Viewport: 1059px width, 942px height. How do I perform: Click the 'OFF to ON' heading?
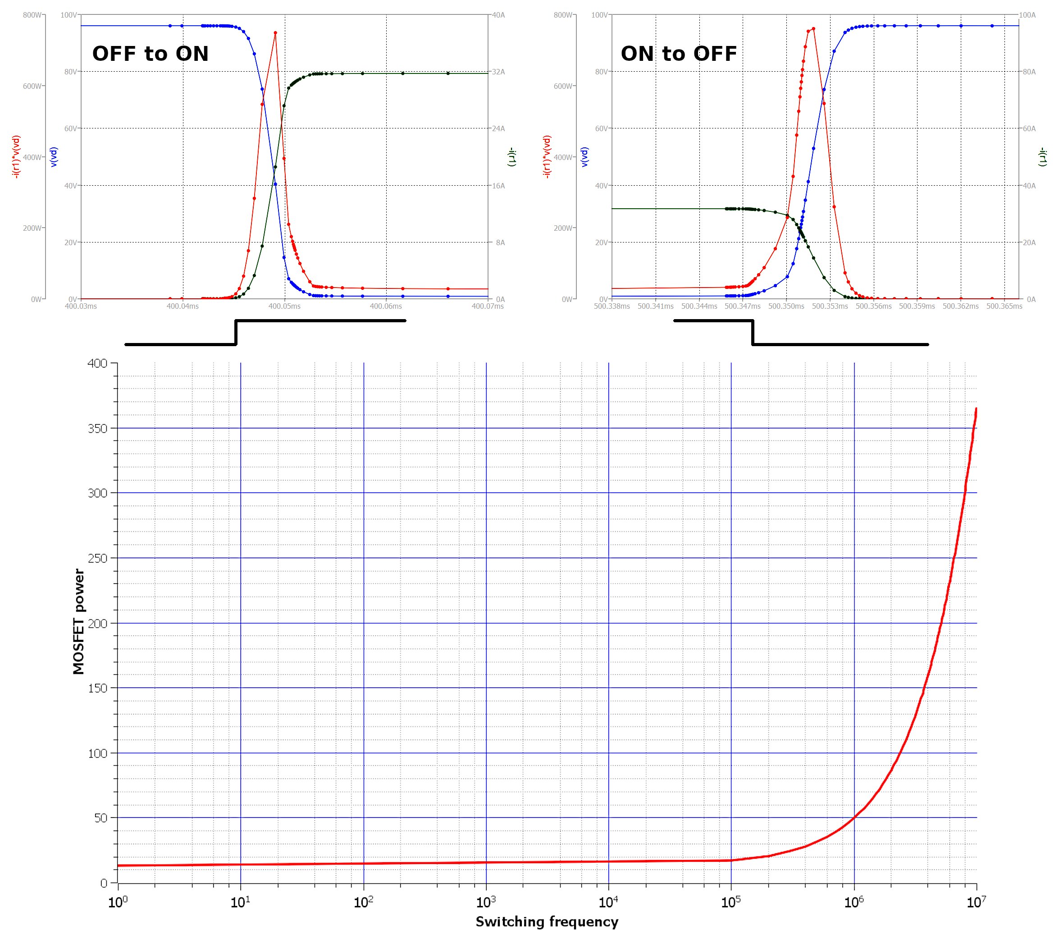pyautogui.click(x=150, y=54)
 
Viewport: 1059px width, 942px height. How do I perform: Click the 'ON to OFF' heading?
pyautogui.click(x=678, y=54)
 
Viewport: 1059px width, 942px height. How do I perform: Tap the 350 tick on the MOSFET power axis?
pyautogui.click(x=97, y=429)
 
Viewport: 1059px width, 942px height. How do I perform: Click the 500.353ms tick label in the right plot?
pyautogui.click(x=830, y=306)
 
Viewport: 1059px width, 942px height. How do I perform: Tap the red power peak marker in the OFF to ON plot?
pyautogui.click(x=275, y=33)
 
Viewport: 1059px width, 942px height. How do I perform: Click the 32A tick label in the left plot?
pyautogui.click(x=498, y=72)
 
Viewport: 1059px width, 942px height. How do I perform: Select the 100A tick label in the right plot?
pyautogui.click(x=1027, y=15)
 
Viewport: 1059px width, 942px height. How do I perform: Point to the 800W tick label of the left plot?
pyautogui.click(x=32, y=15)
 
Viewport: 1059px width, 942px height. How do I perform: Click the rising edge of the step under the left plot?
pyautogui.click(x=236, y=332)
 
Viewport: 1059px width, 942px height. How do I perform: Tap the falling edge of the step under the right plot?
pyautogui.click(x=752, y=332)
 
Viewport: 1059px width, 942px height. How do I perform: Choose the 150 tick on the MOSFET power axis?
pyautogui.click(x=97, y=688)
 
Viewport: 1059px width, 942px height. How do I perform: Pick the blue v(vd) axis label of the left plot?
pyautogui.click(x=55, y=157)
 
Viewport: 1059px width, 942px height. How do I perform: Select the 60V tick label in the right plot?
pyautogui.click(x=601, y=128)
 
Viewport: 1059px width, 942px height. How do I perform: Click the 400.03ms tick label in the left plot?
pyautogui.click(x=80, y=306)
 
